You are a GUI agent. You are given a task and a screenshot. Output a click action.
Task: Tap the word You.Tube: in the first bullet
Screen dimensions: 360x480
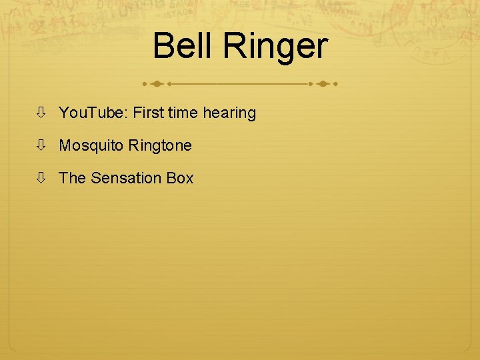[93, 113]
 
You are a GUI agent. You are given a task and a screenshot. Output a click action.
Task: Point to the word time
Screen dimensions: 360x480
[183, 113]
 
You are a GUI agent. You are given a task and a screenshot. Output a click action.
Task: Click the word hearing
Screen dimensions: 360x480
[229, 114]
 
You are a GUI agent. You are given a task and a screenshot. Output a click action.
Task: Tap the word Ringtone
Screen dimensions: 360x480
[160, 146]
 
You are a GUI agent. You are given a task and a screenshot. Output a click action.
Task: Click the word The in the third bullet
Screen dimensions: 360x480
[72, 178]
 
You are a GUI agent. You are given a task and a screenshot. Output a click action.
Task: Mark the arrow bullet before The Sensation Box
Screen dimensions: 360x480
[41, 178]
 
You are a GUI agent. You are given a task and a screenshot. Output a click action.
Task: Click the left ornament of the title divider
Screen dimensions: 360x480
[157, 85]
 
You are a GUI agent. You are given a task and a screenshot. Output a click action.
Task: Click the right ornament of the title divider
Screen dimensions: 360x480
[323, 85]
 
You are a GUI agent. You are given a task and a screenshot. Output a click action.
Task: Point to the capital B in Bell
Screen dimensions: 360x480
[163, 47]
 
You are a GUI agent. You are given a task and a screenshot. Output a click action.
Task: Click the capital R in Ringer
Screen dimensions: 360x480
[234, 47]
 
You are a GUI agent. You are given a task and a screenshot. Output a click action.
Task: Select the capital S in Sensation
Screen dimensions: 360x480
[95, 178]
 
